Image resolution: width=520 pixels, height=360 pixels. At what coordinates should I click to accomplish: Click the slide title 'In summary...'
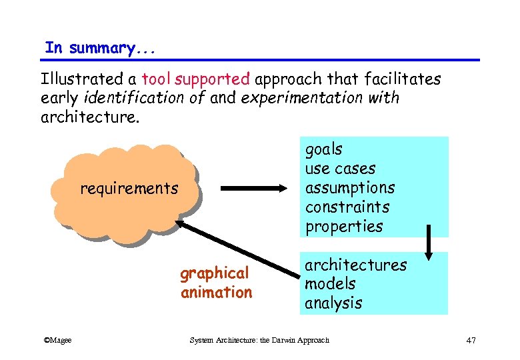tap(90, 48)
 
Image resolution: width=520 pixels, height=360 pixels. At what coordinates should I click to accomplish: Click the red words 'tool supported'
tap(195, 79)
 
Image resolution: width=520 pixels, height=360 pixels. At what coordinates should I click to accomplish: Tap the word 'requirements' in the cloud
tap(129, 189)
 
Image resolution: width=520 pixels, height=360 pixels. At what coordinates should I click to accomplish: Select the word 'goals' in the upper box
tap(323, 149)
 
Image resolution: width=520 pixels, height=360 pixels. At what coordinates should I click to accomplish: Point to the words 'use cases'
tap(340, 169)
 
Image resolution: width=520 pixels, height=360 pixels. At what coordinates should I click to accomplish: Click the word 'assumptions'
tap(350, 188)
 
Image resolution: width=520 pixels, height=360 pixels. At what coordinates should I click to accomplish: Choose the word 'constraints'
tap(347, 207)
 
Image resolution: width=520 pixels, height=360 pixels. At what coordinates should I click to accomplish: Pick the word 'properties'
tap(344, 227)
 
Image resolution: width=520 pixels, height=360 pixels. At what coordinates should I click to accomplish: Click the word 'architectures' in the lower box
tap(355, 265)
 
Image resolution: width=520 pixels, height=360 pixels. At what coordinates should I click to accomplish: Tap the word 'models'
tap(330, 284)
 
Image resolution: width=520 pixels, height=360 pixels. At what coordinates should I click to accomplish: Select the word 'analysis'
tap(333, 303)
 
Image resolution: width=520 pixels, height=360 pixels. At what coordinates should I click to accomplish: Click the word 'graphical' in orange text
tap(214, 273)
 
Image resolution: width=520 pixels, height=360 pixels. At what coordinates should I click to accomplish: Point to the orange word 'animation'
tap(216, 293)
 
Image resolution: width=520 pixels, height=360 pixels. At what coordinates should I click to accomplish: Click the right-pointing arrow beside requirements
tap(256, 189)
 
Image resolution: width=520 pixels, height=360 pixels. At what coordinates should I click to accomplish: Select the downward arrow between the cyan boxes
tap(428, 245)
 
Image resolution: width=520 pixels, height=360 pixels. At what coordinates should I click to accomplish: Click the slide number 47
tap(471, 341)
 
